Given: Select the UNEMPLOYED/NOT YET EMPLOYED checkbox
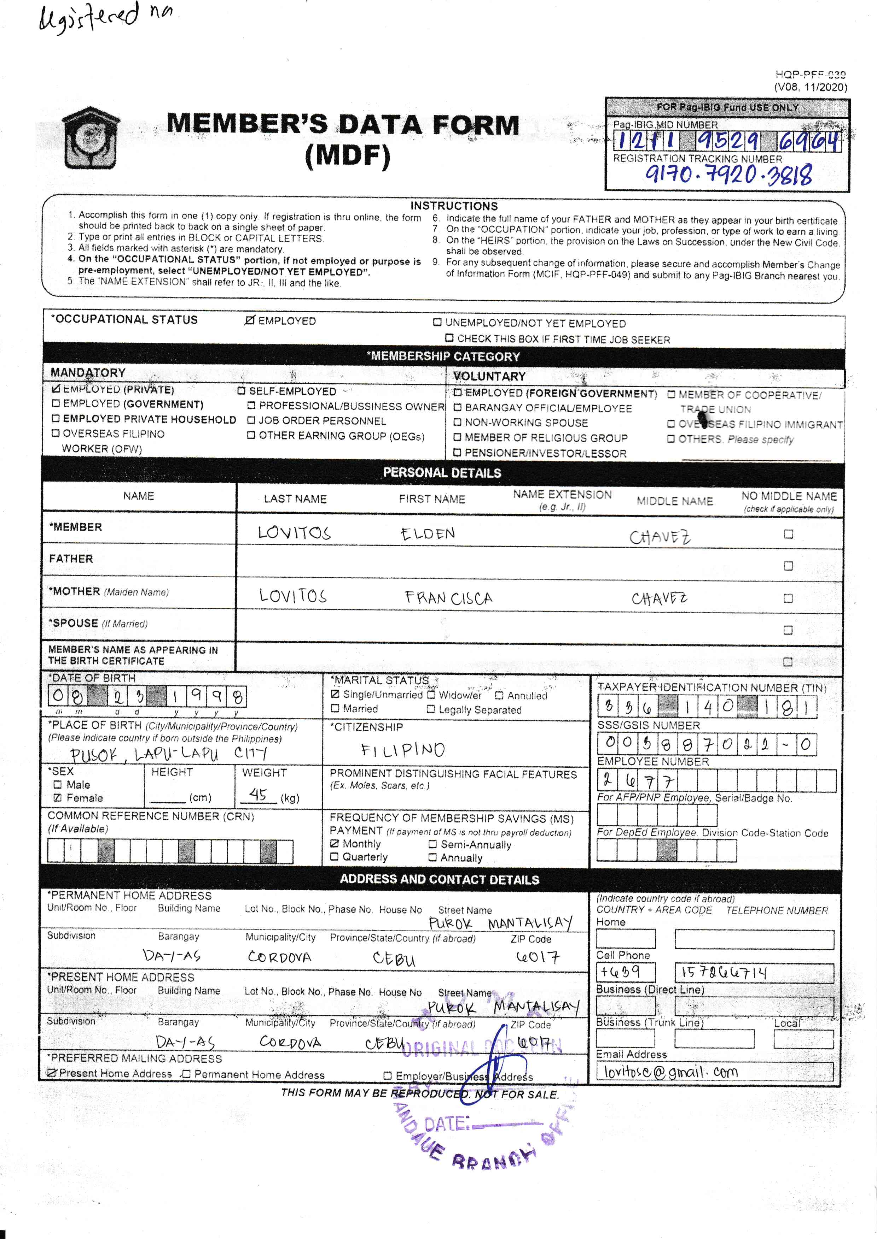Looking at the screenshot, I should [x=437, y=323].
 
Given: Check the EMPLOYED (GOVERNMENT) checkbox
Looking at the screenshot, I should [x=56, y=404].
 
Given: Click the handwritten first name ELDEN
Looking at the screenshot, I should [x=428, y=534].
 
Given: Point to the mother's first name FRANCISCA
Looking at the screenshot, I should [x=448, y=598].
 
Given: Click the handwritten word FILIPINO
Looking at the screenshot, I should [x=403, y=750].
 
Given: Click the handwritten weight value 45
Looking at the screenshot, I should [x=258, y=794].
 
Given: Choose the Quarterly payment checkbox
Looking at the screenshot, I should [x=334, y=856].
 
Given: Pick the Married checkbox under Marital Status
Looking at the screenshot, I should [x=335, y=708].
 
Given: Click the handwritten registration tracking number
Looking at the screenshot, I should [x=728, y=174].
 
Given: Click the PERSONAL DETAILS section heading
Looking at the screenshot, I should [x=442, y=473].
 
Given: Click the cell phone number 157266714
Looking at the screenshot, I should [x=723, y=972].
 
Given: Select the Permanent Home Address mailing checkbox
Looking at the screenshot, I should [x=186, y=1074].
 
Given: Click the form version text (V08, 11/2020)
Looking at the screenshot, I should [x=810, y=87].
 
